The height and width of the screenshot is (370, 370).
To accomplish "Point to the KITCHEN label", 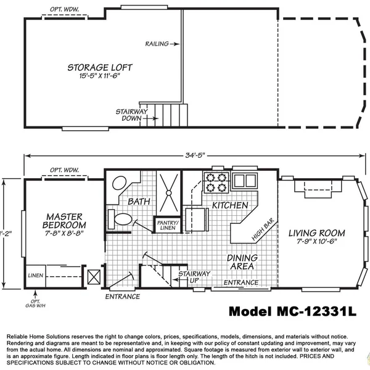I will tap(230, 205).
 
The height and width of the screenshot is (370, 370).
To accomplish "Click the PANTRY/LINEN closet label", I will tap(167, 226).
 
